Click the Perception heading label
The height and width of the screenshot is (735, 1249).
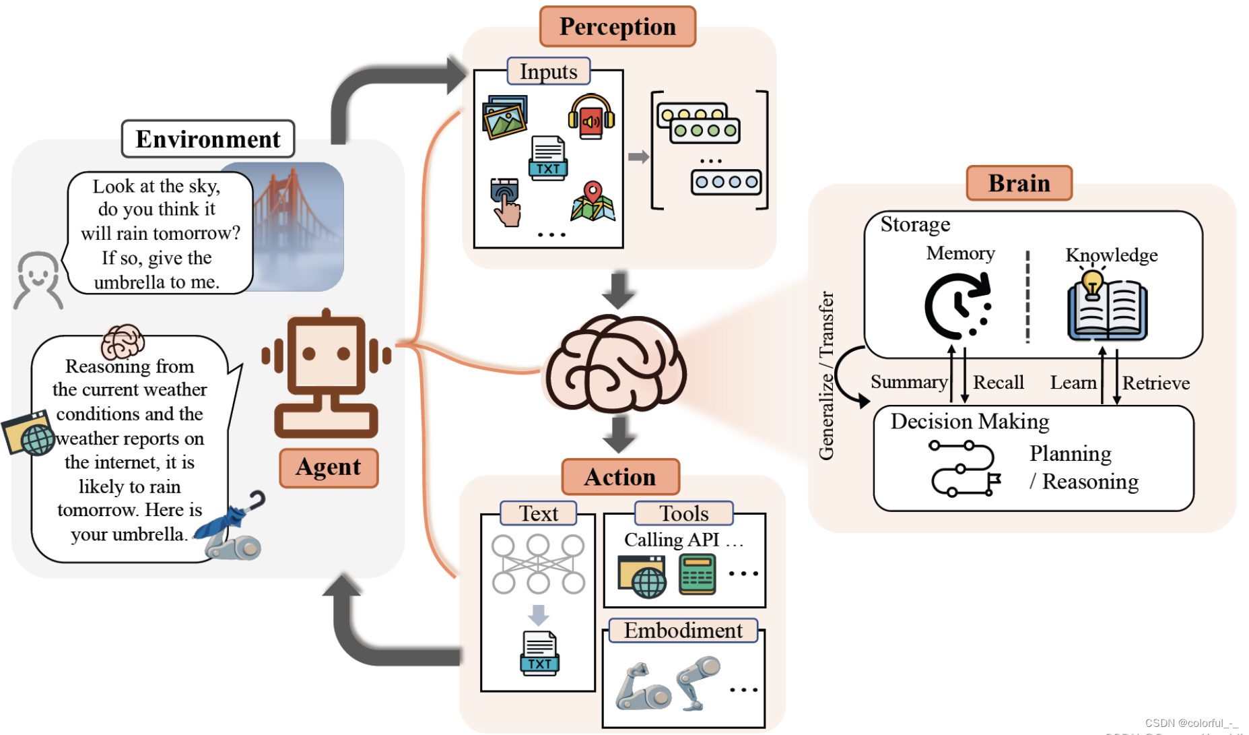[617, 27]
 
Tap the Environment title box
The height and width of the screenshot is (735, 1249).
[208, 139]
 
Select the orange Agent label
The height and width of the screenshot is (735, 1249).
[329, 468]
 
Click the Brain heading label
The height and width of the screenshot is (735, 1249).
[1019, 183]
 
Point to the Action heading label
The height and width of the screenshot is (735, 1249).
[620, 477]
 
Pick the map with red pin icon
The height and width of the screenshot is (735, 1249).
[593, 201]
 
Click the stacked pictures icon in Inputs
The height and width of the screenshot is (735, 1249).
[505, 117]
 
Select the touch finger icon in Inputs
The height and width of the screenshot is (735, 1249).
[506, 201]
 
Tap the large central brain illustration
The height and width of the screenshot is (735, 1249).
[615, 364]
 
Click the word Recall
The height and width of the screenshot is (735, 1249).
[998, 383]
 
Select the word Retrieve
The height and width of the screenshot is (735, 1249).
[1155, 383]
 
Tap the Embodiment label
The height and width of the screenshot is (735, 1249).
[683, 631]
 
